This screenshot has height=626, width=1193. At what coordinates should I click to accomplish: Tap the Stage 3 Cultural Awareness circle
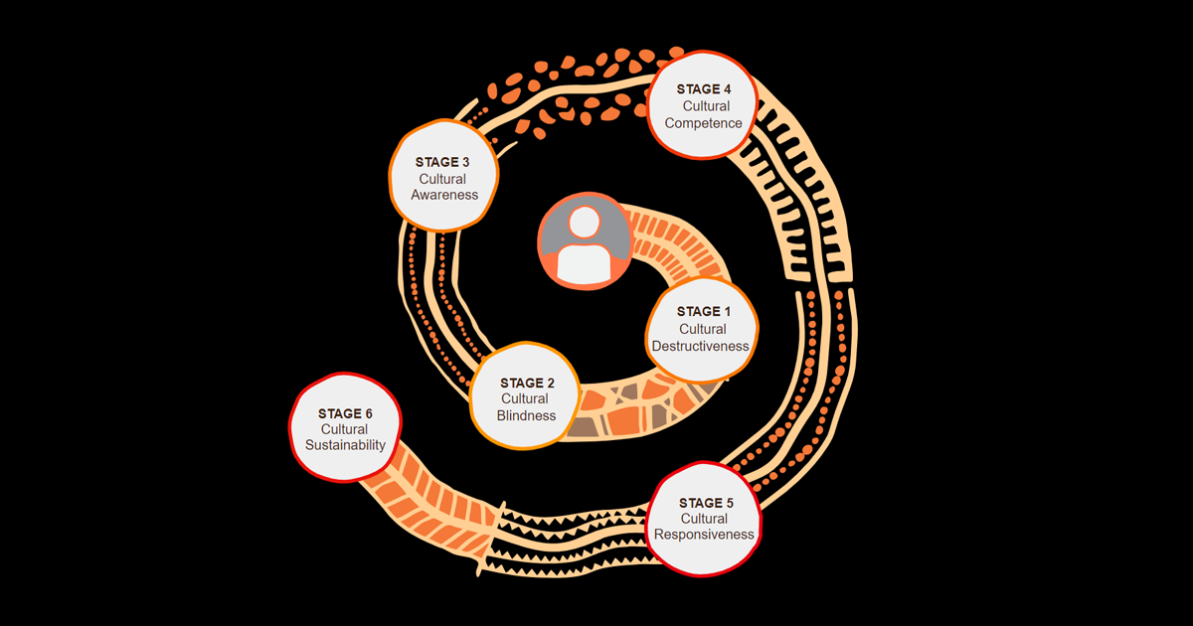point(444,177)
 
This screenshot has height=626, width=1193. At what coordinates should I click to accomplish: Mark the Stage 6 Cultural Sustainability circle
point(344,428)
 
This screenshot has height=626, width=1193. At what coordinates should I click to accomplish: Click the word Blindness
point(527,415)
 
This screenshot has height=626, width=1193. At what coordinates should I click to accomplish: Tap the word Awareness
point(444,195)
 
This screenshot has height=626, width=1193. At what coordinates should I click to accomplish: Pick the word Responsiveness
point(704,535)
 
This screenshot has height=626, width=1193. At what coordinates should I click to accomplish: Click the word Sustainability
point(344,445)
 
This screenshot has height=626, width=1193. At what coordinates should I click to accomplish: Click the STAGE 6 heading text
point(344,412)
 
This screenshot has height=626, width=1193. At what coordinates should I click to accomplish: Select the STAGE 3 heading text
point(444,162)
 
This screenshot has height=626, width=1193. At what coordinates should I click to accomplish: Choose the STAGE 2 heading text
point(527,383)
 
